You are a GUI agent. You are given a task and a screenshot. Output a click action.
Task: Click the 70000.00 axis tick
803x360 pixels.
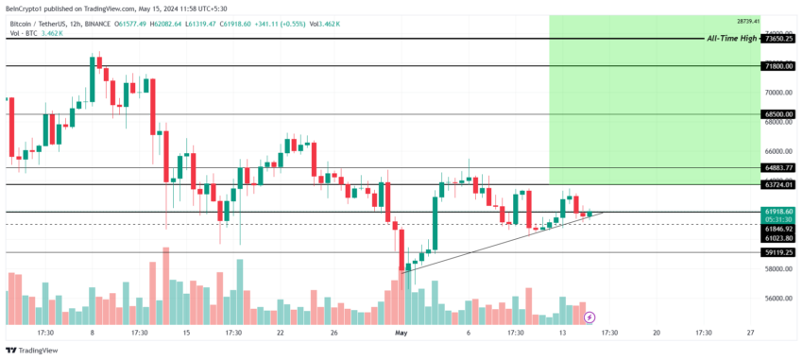pos(778,93)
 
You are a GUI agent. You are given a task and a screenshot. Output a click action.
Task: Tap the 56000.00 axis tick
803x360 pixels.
pos(778,299)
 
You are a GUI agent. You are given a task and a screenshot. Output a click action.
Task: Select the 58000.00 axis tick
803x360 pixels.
pos(778,269)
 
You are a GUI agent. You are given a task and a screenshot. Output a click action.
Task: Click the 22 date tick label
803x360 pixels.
pos(281,333)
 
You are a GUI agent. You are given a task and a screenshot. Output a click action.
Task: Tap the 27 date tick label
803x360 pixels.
pos(750,333)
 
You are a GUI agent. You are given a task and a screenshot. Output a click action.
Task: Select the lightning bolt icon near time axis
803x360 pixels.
pos(589,317)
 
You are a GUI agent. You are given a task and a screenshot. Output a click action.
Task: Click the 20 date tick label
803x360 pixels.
pos(656,333)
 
